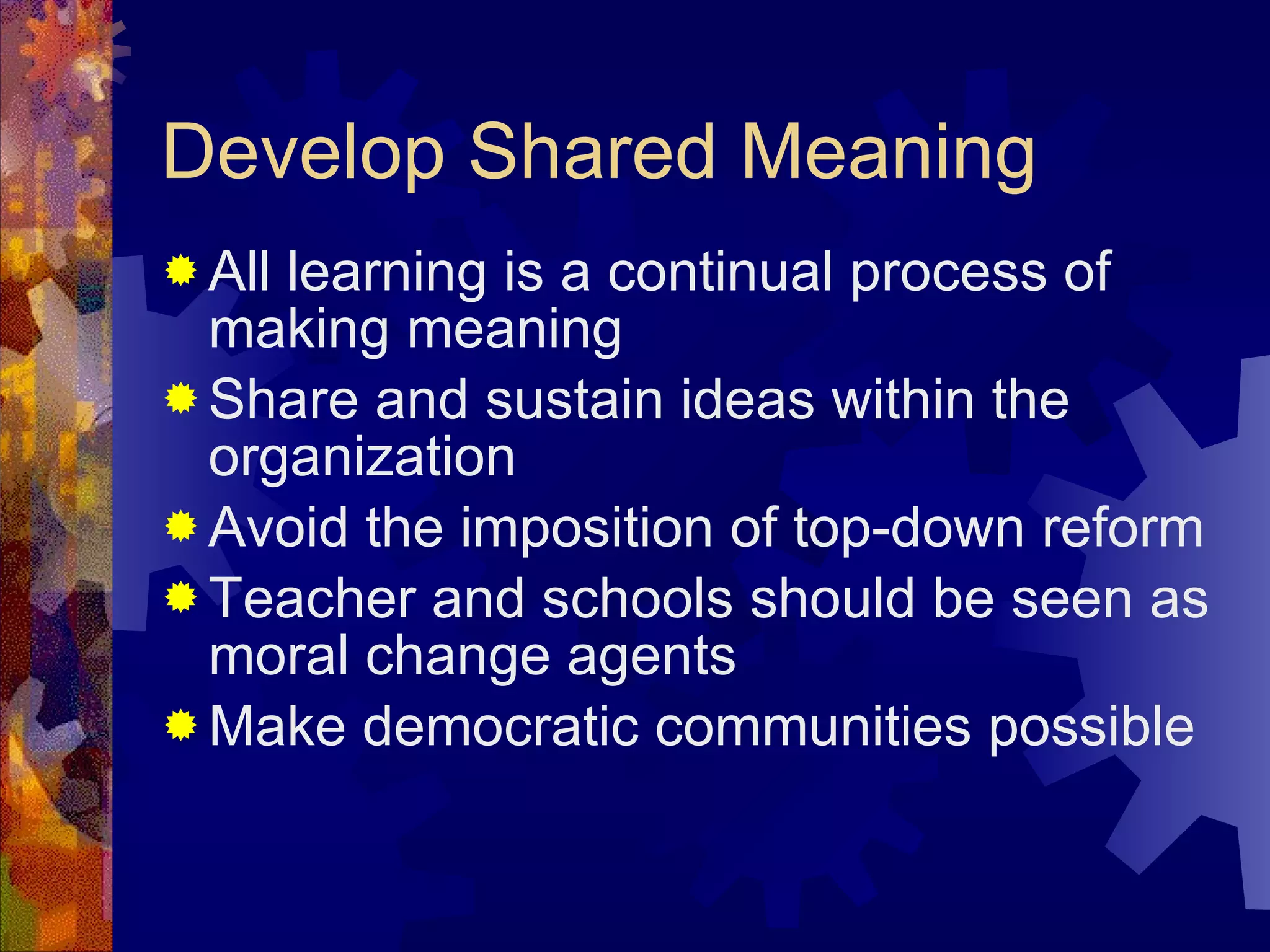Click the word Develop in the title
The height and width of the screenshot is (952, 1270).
click(x=303, y=152)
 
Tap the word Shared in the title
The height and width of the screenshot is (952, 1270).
click(x=592, y=152)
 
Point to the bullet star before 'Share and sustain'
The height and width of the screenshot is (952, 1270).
click(x=181, y=398)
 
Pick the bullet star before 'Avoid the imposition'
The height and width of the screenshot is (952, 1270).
click(x=181, y=527)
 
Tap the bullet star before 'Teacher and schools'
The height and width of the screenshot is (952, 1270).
click(x=181, y=597)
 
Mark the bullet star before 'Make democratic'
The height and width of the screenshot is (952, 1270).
click(x=181, y=725)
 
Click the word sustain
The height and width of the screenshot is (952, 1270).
click(x=574, y=400)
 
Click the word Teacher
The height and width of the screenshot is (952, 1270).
click(x=313, y=599)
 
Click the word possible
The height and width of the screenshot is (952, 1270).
click(x=1091, y=728)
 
